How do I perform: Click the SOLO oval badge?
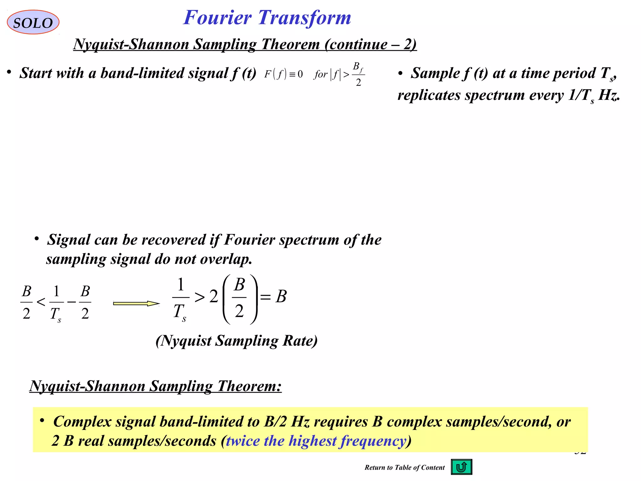coord(33,22)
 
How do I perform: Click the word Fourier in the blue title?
coord(217,18)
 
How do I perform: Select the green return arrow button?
coord(461,467)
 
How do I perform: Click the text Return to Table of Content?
coord(404,468)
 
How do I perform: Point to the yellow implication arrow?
coord(136,303)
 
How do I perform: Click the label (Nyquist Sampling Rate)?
coord(236,341)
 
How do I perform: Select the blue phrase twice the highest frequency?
coord(316,441)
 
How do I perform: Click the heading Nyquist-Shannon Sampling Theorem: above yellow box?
coord(156,386)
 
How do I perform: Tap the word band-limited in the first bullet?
coord(142,73)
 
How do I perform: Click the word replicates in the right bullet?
coord(429,95)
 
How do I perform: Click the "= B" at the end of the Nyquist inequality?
coord(274,296)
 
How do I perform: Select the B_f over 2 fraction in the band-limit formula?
coord(358,75)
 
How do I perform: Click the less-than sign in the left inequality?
coord(41,302)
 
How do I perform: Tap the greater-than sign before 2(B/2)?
coord(199,297)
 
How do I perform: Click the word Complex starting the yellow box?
coord(82,422)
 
